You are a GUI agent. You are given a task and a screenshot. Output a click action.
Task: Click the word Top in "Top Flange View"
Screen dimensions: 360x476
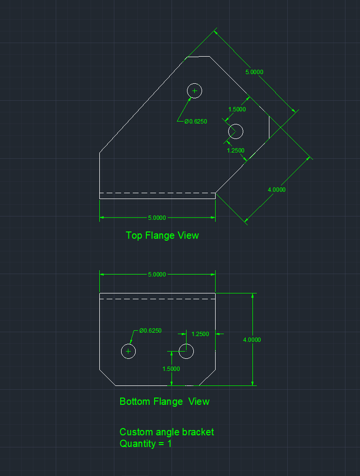[134, 235]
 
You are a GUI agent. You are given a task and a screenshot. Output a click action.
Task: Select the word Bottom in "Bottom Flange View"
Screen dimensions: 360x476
[135, 401]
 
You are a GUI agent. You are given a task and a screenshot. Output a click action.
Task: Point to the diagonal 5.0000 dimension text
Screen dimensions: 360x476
[254, 72]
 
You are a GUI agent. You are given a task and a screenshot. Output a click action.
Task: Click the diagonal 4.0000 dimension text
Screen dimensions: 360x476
[277, 190]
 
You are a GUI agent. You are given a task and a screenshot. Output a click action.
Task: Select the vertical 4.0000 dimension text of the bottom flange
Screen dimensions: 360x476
[252, 340]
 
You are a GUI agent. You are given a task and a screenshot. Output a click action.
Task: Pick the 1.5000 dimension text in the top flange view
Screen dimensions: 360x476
[237, 109]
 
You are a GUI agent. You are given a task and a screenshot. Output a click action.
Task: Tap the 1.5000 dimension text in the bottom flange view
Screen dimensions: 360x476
[171, 369]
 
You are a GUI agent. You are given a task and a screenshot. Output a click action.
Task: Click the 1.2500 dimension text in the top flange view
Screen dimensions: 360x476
[235, 151]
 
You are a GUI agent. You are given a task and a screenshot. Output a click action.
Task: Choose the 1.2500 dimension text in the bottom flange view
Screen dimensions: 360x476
[200, 334]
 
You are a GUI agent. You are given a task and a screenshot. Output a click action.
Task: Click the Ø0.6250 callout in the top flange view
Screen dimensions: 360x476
[196, 122]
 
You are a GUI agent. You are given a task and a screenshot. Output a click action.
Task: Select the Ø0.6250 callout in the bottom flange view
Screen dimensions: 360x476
[150, 331]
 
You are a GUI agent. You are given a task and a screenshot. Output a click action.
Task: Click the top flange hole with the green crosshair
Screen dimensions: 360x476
[194, 83]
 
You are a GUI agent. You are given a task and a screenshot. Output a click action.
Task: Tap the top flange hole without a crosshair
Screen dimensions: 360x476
[236, 124]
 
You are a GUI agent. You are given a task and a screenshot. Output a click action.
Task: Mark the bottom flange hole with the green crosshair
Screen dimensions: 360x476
[128, 344]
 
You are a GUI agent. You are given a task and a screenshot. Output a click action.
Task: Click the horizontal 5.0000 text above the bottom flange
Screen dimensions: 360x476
[157, 275]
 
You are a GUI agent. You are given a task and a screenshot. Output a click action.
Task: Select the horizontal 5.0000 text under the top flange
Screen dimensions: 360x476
[157, 217]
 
